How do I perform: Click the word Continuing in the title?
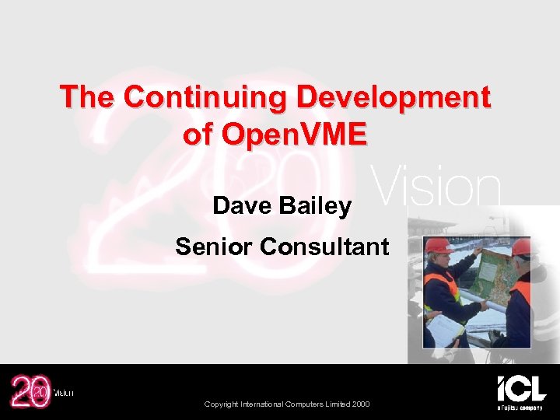[x=205, y=98]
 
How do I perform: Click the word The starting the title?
[x=88, y=98]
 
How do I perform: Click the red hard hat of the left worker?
[x=438, y=246]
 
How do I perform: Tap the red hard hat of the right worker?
[x=522, y=247]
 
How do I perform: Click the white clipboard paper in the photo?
[x=445, y=330]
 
